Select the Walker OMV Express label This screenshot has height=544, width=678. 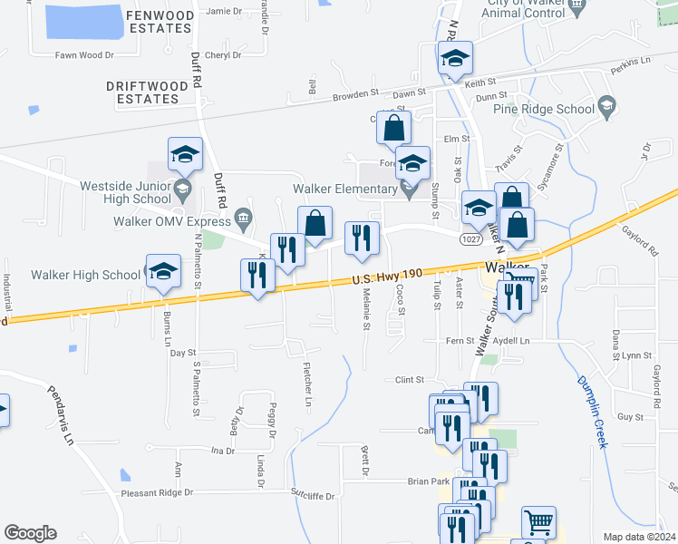(171, 219)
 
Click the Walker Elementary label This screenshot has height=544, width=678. (344, 189)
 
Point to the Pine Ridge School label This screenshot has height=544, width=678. (544, 109)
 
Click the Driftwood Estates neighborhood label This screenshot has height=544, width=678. (147, 92)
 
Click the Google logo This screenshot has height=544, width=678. (30, 533)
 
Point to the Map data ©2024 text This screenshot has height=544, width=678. (640, 537)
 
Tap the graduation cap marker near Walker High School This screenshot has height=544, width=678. (164, 273)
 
